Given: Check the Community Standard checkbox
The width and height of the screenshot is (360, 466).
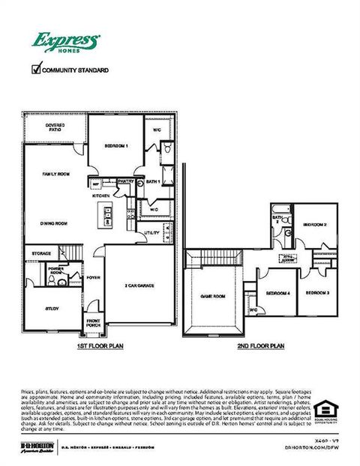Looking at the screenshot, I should coord(35,70).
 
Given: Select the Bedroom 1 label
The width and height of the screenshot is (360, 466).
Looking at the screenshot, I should coord(116,145).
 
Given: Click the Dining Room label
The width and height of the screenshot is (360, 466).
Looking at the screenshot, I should coord(54,223).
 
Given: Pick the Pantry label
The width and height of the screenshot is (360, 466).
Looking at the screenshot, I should coord(125,181).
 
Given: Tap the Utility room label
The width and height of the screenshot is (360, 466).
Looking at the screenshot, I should coord(152,233).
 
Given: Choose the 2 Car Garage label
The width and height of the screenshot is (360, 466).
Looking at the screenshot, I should coord(139,285).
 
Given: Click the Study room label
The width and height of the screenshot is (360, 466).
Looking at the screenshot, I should coord(52,308).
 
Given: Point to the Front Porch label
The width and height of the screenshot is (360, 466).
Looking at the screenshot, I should coord(93,323).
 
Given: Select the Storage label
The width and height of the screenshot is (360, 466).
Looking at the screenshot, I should coord(42,253).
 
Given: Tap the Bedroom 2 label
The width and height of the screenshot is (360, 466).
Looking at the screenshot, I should coord(314,225).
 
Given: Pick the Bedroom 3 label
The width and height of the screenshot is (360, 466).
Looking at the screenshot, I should coord(317,292).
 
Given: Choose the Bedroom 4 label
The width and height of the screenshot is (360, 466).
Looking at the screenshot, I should coord(277,292).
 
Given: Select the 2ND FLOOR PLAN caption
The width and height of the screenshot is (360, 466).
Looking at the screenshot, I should coord(260,346).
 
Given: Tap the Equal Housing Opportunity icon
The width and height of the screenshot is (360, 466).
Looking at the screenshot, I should coord(324,409).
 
